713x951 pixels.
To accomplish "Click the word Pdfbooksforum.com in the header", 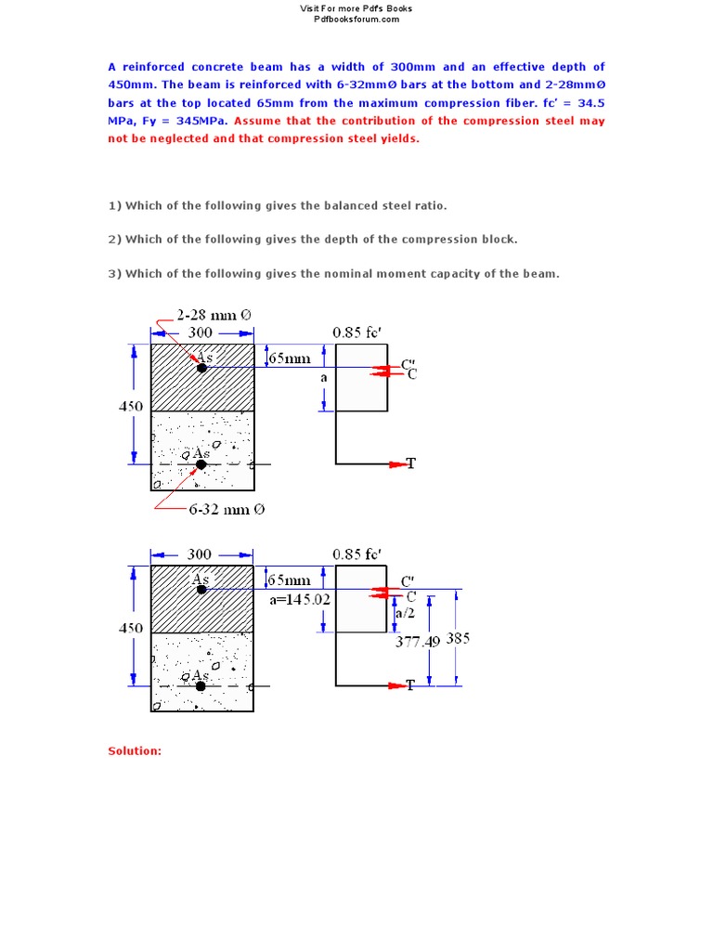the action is click(x=356, y=19).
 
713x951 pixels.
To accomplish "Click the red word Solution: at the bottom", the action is click(x=135, y=750).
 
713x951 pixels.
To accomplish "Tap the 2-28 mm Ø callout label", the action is click(x=214, y=315).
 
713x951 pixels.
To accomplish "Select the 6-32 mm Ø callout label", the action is click(x=227, y=509).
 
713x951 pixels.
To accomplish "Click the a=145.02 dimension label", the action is click(x=299, y=600).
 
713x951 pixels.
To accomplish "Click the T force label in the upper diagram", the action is click(x=410, y=463).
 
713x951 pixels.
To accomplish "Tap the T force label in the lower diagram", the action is click(x=409, y=685).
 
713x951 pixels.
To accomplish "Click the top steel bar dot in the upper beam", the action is click(x=201, y=368).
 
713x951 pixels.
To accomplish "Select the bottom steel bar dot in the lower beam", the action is click(x=201, y=686).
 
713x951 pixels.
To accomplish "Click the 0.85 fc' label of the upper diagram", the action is click(x=357, y=332).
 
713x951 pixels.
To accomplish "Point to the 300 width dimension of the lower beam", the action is click(x=200, y=554).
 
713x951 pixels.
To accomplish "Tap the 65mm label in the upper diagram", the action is click(x=290, y=358).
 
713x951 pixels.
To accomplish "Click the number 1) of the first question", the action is click(x=115, y=205).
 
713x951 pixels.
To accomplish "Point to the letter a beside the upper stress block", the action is click(x=323, y=379).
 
